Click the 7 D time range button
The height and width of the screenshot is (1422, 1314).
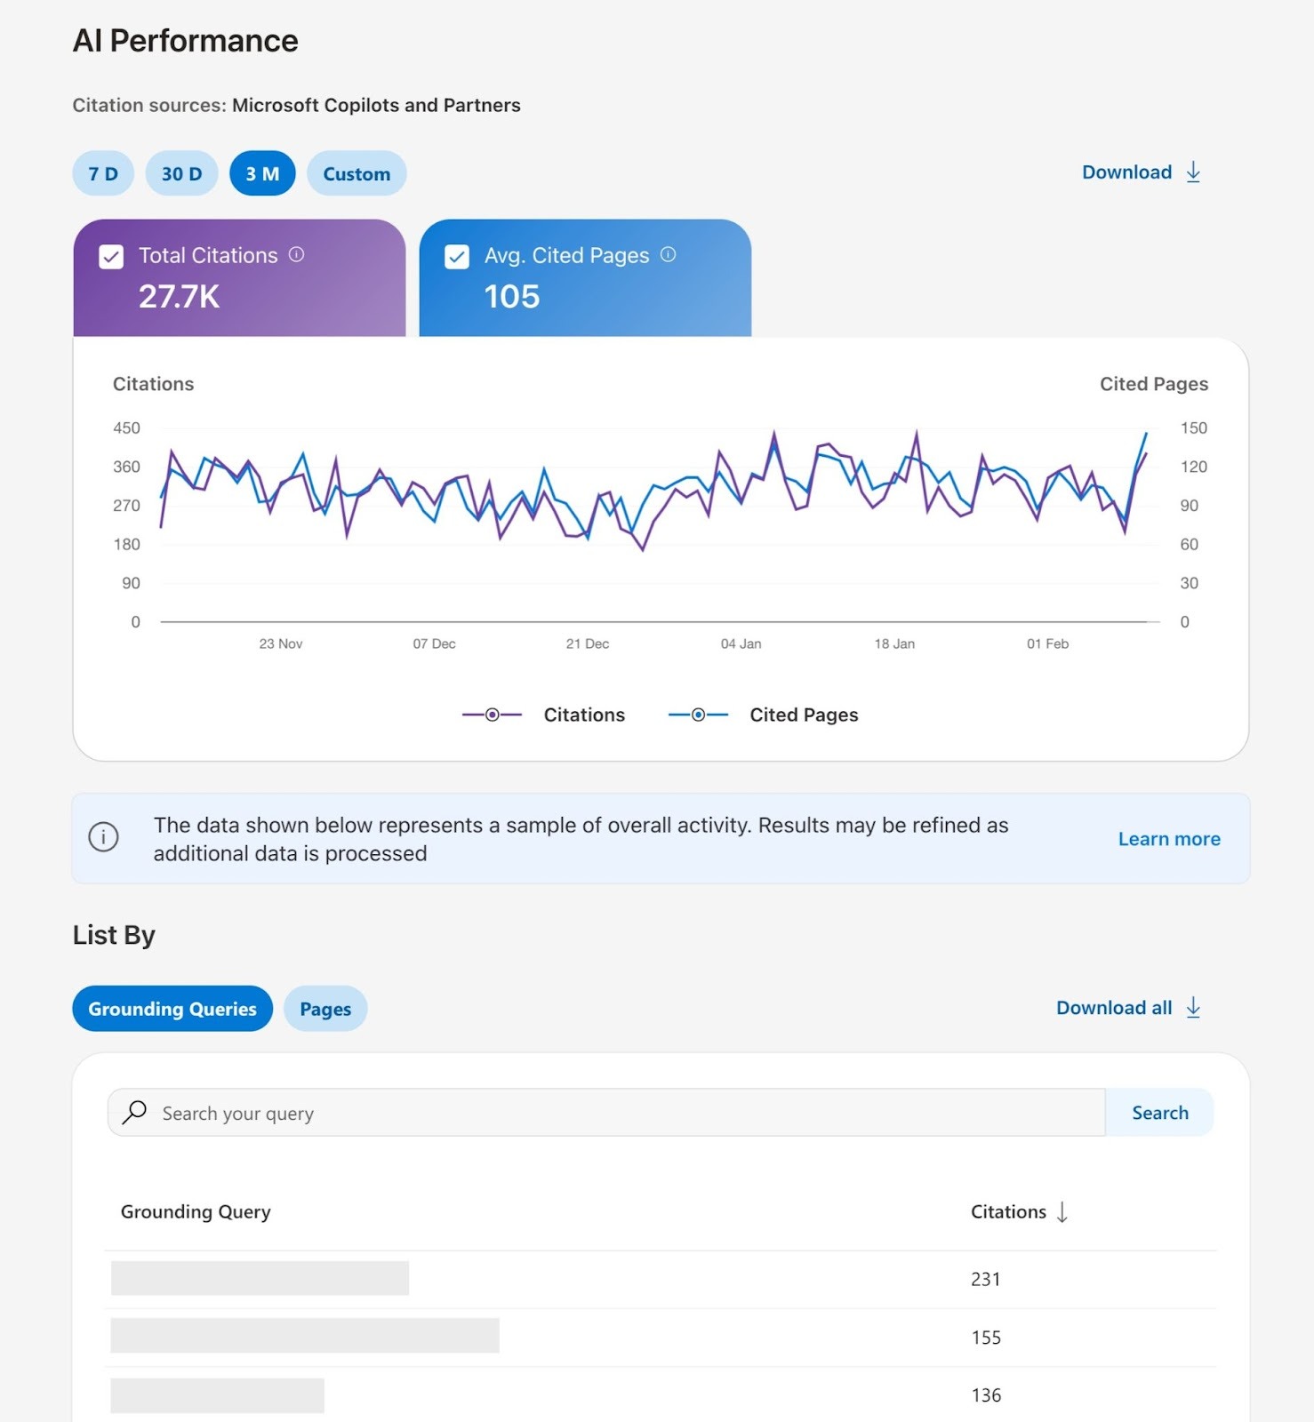[103, 173]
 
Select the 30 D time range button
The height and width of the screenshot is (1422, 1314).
[181, 173]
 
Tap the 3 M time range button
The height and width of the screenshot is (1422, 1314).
[262, 173]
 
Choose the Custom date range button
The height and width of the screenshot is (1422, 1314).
[357, 173]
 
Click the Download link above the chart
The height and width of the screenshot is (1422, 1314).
[1141, 172]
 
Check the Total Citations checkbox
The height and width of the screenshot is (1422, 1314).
[111, 257]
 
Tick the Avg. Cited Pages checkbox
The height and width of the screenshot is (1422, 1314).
[457, 257]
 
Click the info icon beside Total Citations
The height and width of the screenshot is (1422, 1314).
[297, 255]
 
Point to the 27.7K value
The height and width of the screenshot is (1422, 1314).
[179, 297]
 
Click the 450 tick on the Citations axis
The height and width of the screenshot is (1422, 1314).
[126, 428]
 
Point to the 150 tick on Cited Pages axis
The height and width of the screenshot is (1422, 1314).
[1193, 428]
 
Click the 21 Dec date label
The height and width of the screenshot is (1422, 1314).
[588, 643]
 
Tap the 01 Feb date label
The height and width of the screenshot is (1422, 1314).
[1047, 643]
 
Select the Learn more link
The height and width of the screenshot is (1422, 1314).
[1168, 839]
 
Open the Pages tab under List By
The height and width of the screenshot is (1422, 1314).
[325, 1009]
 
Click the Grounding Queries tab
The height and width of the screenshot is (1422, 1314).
[172, 1009]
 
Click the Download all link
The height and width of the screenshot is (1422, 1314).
[1127, 1008]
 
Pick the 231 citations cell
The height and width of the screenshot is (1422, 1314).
[985, 1280]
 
